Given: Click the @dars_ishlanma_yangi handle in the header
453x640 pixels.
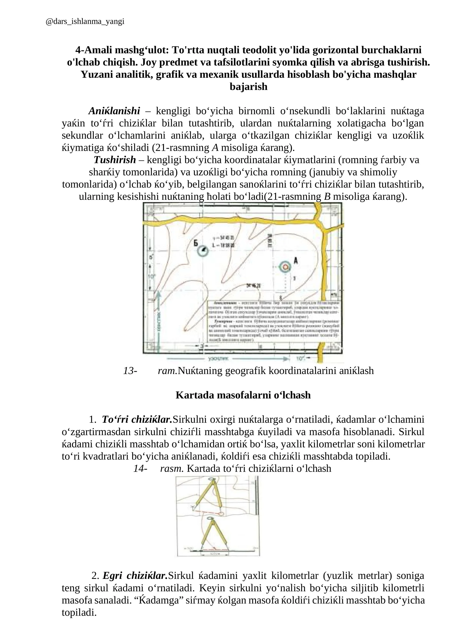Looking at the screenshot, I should pos(85,22).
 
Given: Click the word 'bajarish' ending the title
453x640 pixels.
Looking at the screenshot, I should pos(248,87).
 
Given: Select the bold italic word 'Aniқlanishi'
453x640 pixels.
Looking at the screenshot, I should pos(114,111).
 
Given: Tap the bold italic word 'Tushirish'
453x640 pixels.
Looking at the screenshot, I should pos(115,160).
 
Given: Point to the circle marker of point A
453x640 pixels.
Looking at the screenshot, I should pos(285,267).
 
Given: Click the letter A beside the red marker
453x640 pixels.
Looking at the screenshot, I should pos(296,261).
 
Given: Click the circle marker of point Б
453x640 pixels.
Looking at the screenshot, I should pos(203,251).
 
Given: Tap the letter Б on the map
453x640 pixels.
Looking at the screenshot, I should pos(196,243).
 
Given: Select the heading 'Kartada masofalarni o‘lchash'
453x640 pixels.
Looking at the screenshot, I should pos(243,395).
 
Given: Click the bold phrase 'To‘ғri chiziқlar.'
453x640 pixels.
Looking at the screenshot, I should pos(137,419).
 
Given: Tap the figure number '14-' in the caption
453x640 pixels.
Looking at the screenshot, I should pos(140,469).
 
